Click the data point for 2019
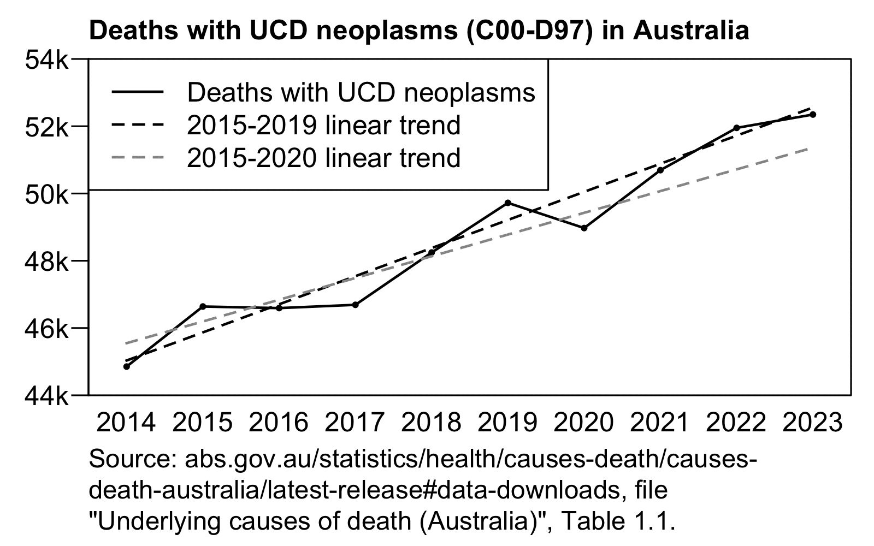click(x=508, y=203)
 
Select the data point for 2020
click(x=584, y=228)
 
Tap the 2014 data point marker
click(x=127, y=366)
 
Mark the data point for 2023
click(x=813, y=114)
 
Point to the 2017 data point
click(x=355, y=305)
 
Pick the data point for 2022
click(x=736, y=128)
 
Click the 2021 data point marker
click(x=660, y=170)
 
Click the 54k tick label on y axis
click(x=47, y=59)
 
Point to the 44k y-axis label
click(x=47, y=395)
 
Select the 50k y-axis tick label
click(x=47, y=194)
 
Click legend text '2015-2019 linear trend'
click(x=324, y=125)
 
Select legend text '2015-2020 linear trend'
click(x=324, y=158)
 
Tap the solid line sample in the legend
click(x=138, y=92)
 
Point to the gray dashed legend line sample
click(x=138, y=158)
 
